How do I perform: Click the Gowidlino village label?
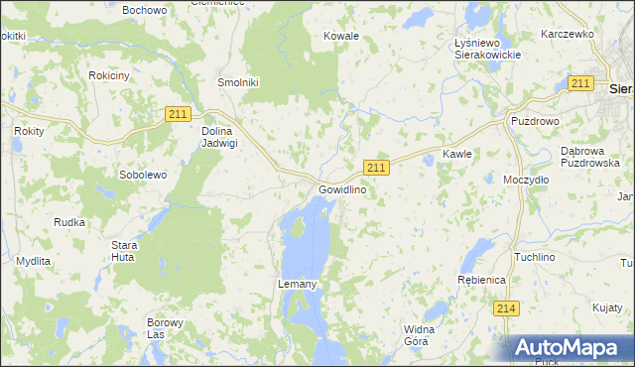342,189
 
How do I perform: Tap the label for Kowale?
340,36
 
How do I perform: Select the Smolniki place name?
238,83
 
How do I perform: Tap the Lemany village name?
296,285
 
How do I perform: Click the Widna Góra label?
420,335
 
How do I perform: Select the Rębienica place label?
481,281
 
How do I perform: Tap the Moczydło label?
526,181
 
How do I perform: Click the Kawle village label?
456,155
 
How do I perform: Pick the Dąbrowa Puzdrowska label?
589,157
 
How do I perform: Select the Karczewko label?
567,34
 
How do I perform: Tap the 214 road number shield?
506,308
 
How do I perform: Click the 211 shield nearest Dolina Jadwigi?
178,115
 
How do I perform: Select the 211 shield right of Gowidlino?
376,167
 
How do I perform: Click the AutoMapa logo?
570,348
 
